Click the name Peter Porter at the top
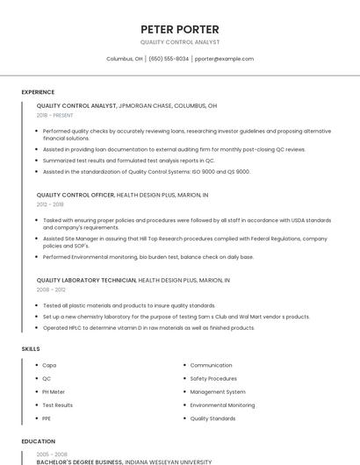(x=180, y=30)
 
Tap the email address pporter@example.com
(x=224, y=59)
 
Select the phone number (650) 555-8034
(x=169, y=59)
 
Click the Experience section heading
(x=38, y=92)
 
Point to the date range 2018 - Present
(x=54, y=115)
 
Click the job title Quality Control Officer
(x=76, y=195)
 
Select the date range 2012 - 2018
(x=50, y=204)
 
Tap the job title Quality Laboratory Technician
(x=86, y=281)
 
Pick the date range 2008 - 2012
(x=51, y=290)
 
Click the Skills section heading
(x=31, y=349)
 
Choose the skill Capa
(x=49, y=365)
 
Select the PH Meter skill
(x=54, y=391)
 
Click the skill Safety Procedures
(x=213, y=378)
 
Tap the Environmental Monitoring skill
(x=222, y=405)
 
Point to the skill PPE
(x=47, y=418)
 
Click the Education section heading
(x=37, y=441)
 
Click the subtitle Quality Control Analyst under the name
(x=180, y=42)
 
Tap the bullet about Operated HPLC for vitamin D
(x=148, y=328)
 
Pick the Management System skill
(x=218, y=391)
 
